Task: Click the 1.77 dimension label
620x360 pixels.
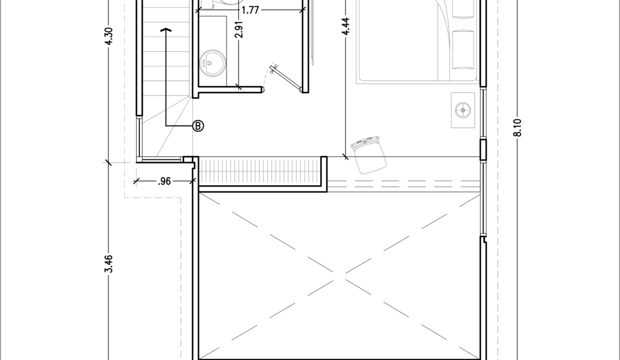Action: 250,10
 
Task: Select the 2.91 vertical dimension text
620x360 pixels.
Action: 238,29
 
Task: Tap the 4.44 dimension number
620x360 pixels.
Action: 345,26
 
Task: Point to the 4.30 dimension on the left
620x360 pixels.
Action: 109,36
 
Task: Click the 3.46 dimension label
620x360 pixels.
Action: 109,263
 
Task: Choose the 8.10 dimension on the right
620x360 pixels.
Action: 517,127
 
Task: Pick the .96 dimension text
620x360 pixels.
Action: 164,181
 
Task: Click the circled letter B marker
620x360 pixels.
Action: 198,126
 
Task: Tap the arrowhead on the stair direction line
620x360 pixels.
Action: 166,29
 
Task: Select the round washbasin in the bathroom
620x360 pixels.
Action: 212,63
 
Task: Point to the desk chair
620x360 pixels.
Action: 368,155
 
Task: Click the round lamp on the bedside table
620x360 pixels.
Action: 463,110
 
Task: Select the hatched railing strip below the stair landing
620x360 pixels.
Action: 260,171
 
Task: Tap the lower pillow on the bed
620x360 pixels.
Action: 463,49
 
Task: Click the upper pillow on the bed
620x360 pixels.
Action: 463,9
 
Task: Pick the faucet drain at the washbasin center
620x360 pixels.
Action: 209,63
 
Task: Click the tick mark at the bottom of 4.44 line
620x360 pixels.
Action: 345,156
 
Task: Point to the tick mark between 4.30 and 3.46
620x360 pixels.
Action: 108,162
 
